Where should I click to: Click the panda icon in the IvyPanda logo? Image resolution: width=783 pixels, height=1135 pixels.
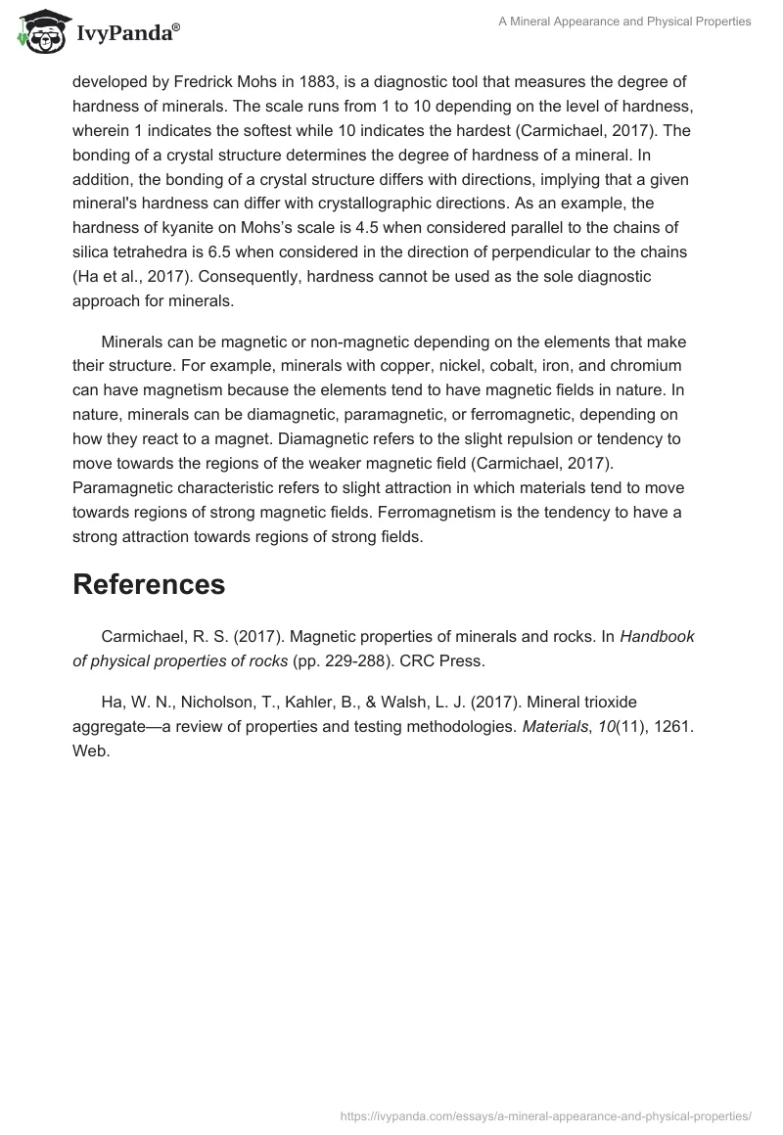(37, 31)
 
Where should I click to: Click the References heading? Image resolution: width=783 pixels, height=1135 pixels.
(149, 584)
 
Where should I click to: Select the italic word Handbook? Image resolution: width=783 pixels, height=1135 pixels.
(657, 636)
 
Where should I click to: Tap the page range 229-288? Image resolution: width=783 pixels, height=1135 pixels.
(357, 660)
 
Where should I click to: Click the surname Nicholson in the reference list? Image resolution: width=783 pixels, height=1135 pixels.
(220, 702)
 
